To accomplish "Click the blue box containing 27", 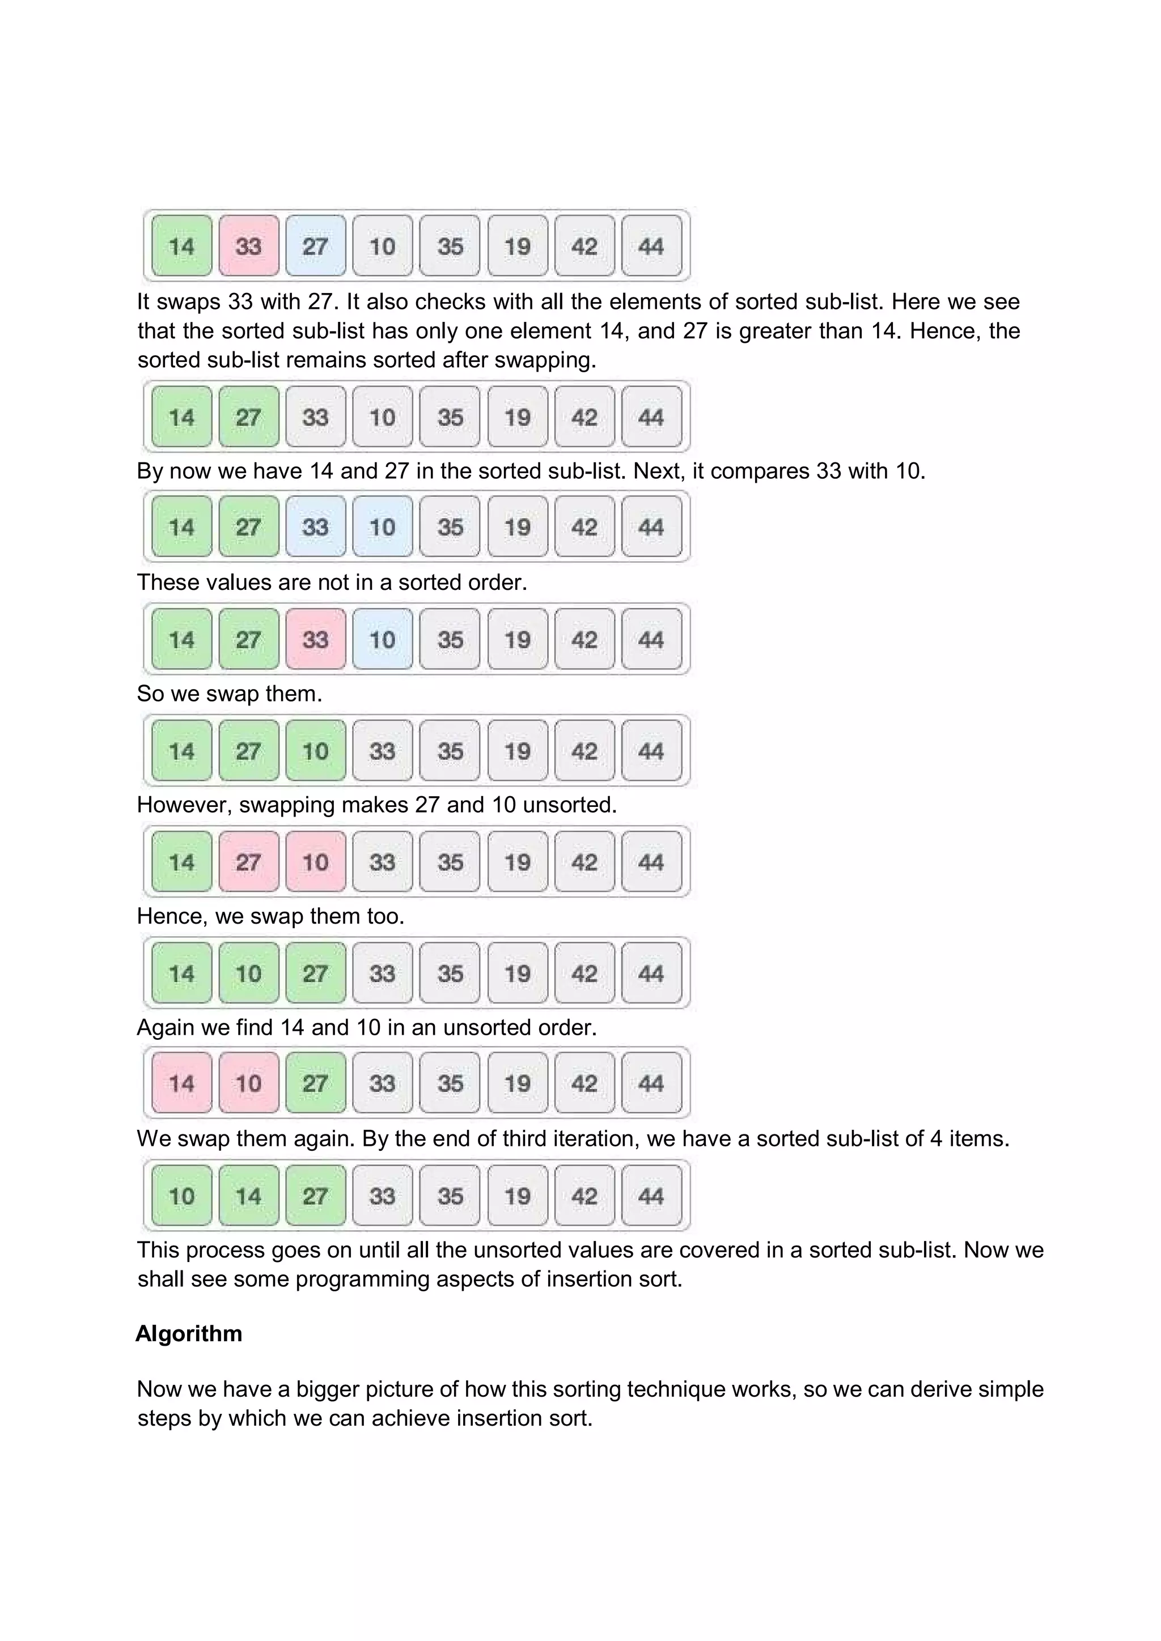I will point(315,246).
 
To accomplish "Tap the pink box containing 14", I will point(181,1083).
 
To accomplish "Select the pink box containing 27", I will point(248,861).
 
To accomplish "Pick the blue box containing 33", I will point(315,528).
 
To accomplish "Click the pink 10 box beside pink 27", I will point(315,861).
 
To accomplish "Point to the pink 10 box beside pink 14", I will point(248,1083).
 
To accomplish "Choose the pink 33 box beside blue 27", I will point(248,246).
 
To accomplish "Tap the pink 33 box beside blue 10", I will point(315,639).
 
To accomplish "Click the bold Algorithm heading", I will point(189,1334).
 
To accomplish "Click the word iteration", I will point(592,1138).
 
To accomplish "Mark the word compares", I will point(761,471).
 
